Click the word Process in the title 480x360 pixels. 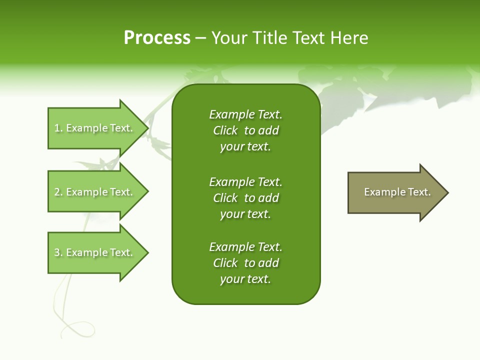pos(157,38)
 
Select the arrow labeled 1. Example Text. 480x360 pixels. pos(95,128)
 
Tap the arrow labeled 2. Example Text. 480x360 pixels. pos(95,192)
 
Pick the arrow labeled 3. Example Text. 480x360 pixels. pos(95,252)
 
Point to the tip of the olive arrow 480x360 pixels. pos(447,192)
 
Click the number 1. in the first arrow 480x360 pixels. pos(58,128)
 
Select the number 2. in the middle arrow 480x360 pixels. pos(58,192)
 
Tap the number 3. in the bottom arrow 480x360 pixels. pos(58,252)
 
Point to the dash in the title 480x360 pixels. pos(201,38)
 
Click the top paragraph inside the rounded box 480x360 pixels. pos(245,130)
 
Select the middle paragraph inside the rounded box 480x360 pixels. pos(245,198)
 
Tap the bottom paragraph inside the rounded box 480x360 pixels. pos(245,263)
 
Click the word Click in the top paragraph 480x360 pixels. pos(225,130)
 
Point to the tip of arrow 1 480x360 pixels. pos(147,128)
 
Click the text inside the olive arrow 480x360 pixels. pos(397,192)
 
